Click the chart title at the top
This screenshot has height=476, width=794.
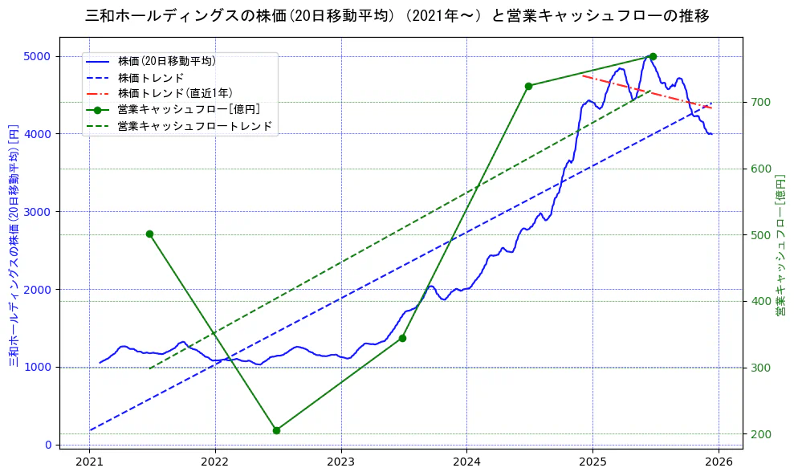tap(397, 16)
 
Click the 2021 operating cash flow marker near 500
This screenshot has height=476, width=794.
tap(149, 234)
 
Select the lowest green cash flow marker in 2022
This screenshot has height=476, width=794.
tap(276, 430)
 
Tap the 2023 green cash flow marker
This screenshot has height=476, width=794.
tap(402, 338)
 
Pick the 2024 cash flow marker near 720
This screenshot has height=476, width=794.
tap(528, 86)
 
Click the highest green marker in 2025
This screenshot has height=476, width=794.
tap(653, 56)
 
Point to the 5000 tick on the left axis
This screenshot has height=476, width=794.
tap(39, 56)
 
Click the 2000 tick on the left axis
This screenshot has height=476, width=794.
tap(39, 289)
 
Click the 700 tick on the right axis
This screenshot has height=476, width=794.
tap(759, 102)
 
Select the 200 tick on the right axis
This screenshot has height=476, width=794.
tap(759, 434)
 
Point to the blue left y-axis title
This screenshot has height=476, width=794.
tap(14, 245)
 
